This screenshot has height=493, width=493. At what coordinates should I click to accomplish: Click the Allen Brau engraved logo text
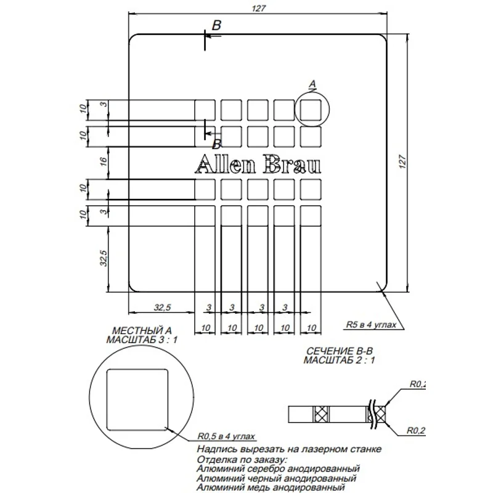tap(257, 165)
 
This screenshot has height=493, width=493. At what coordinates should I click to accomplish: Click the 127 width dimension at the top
tap(258, 8)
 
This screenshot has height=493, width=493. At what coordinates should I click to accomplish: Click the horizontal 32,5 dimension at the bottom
tap(161, 307)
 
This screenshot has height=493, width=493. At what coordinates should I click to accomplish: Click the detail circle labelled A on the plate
tap(312, 110)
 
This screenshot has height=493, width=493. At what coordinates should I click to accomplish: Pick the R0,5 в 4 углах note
tap(226, 436)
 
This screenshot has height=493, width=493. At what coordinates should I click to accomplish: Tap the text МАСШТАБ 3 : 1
tap(142, 340)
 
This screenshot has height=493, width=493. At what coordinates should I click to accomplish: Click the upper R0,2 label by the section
tap(418, 384)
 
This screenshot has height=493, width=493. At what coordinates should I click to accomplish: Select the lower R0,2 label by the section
tap(418, 430)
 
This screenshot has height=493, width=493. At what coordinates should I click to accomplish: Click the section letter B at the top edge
tap(216, 25)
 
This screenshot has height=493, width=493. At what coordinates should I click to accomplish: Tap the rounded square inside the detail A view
tap(137, 400)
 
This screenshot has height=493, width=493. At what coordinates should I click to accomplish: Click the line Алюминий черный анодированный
tap(275, 478)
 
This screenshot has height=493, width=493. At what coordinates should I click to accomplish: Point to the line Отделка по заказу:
tap(242, 459)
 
